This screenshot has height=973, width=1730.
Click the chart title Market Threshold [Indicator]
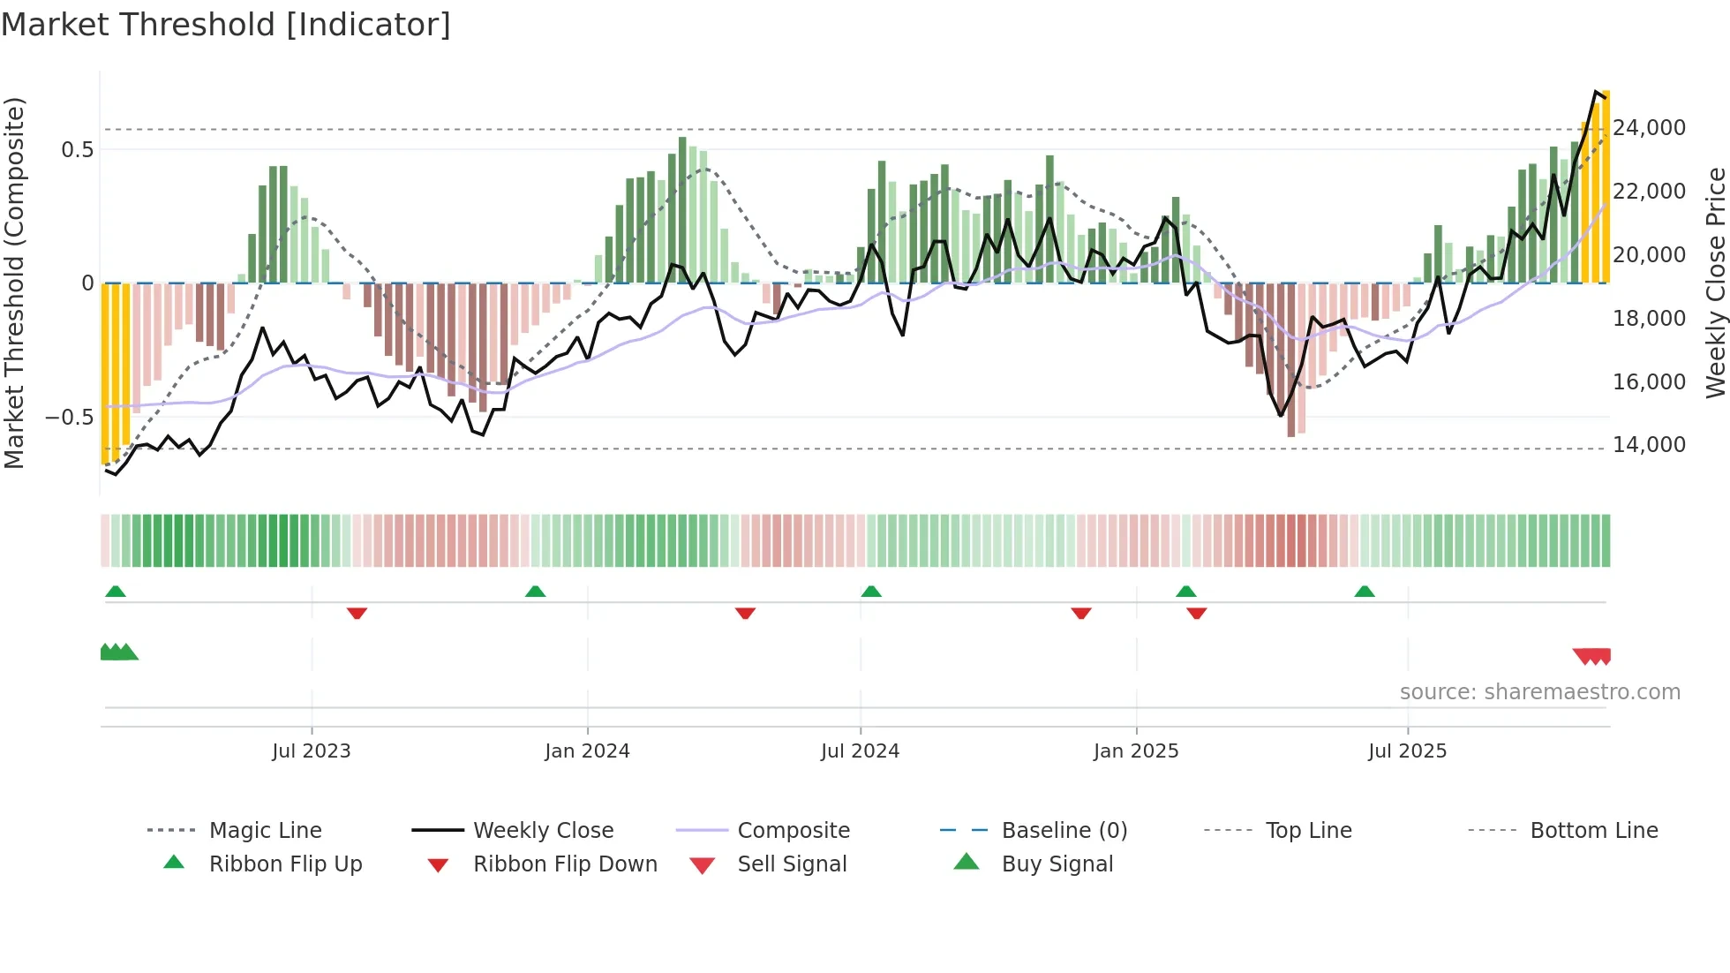(226, 25)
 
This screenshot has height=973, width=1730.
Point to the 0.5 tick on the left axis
(77, 150)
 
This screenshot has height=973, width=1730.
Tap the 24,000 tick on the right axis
(1649, 128)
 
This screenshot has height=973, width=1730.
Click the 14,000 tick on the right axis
(1649, 445)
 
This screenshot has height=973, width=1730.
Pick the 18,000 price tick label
(1649, 319)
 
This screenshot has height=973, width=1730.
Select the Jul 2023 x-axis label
(311, 751)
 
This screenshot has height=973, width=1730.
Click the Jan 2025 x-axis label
(1135, 751)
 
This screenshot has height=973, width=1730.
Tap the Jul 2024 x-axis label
(860, 751)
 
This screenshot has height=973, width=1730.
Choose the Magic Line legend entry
(265, 831)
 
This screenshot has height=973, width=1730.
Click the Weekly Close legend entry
(543, 831)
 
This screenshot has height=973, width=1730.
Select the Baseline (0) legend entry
(1064, 831)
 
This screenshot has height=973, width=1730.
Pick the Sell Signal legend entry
(792, 864)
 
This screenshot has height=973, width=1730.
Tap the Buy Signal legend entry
(1057, 864)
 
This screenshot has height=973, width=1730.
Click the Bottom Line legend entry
(1593, 831)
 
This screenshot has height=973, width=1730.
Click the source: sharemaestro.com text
(1539, 692)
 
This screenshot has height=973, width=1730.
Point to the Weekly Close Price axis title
(1715, 283)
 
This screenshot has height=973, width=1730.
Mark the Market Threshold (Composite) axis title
(14, 283)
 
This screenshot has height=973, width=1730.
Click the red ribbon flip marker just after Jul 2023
(357, 613)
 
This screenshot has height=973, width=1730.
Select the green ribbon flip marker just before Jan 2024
(535, 592)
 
